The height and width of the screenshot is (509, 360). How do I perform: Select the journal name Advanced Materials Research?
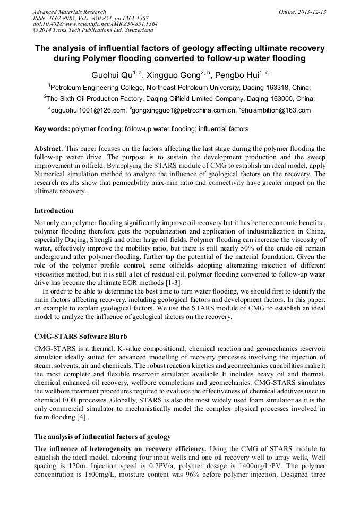point(69,12)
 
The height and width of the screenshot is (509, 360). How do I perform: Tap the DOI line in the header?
point(95,24)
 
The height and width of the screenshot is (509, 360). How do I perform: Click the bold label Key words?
point(52,129)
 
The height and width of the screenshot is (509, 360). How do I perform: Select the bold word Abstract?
point(48,149)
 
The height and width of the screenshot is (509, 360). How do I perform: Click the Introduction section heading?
point(54,211)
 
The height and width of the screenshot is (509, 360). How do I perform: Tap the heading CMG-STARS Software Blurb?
point(80,337)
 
